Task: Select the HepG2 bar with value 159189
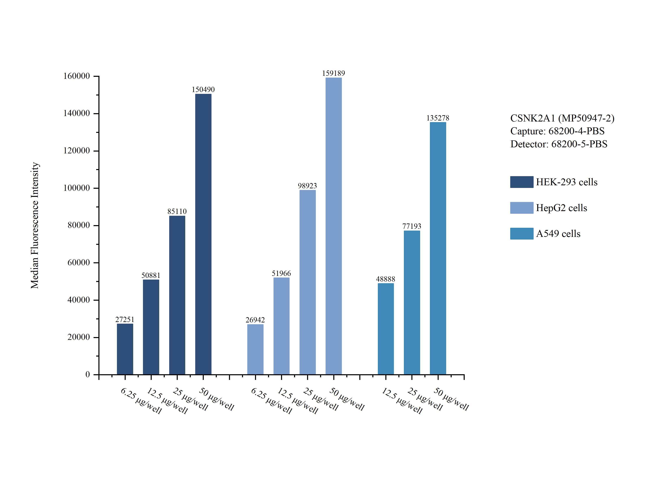click(334, 226)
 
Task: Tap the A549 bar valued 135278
click(438, 248)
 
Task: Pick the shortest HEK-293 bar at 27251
click(125, 349)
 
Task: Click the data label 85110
click(177, 211)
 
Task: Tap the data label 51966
click(281, 273)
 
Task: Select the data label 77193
click(412, 226)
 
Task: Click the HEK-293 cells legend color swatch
click(521, 182)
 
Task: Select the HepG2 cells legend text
click(561, 208)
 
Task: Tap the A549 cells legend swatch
click(521, 234)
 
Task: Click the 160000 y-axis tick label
click(76, 76)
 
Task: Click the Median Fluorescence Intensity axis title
click(35, 225)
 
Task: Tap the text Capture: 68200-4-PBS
click(557, 131)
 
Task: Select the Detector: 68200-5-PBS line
click(559, 144)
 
